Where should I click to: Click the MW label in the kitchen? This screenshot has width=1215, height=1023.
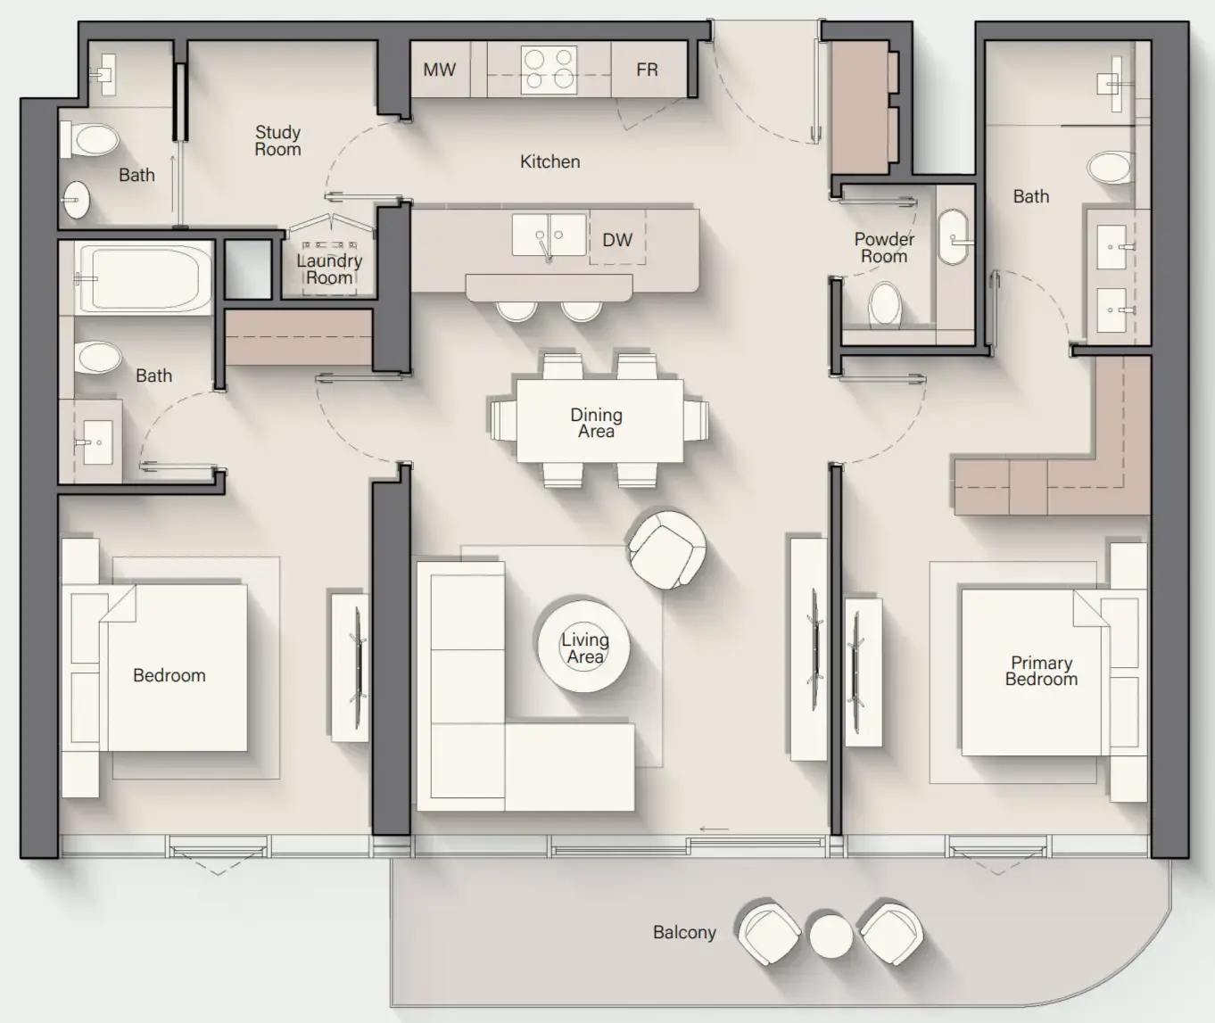(x=439, y=70)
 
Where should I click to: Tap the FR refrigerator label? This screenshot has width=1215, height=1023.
(x=647, y=70)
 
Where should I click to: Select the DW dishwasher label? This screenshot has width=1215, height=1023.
(x=616, y=240)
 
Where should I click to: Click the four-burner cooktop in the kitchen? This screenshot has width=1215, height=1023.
(x=549, y=70)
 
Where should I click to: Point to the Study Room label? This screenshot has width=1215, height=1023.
(x=277, y=141)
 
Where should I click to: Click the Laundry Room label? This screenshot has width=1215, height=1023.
(x=329, y=268)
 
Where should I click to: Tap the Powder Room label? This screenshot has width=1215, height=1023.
(x=884, y=248)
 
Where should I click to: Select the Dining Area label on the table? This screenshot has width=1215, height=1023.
(x=596, y=423)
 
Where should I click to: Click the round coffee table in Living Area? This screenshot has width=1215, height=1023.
(x=584, y=647)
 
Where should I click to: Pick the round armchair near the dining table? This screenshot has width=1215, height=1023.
(x=666, y=549)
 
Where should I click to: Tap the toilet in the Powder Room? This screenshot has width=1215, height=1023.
(x=885, y=305)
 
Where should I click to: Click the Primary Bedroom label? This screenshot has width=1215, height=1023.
(x=1041, y=671)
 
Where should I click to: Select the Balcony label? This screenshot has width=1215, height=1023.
(x=684, y=932)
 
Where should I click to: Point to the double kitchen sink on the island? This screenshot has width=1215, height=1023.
(x=549, y=235)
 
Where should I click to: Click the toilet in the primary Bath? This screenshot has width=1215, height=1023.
(x=1111, y=167)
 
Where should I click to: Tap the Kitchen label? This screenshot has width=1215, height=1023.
(x=550, y=161)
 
